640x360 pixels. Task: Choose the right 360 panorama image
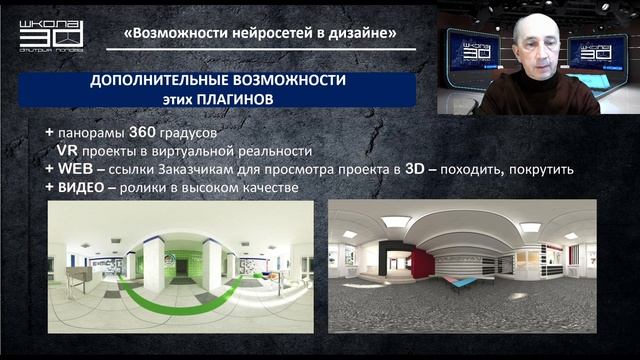462,270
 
